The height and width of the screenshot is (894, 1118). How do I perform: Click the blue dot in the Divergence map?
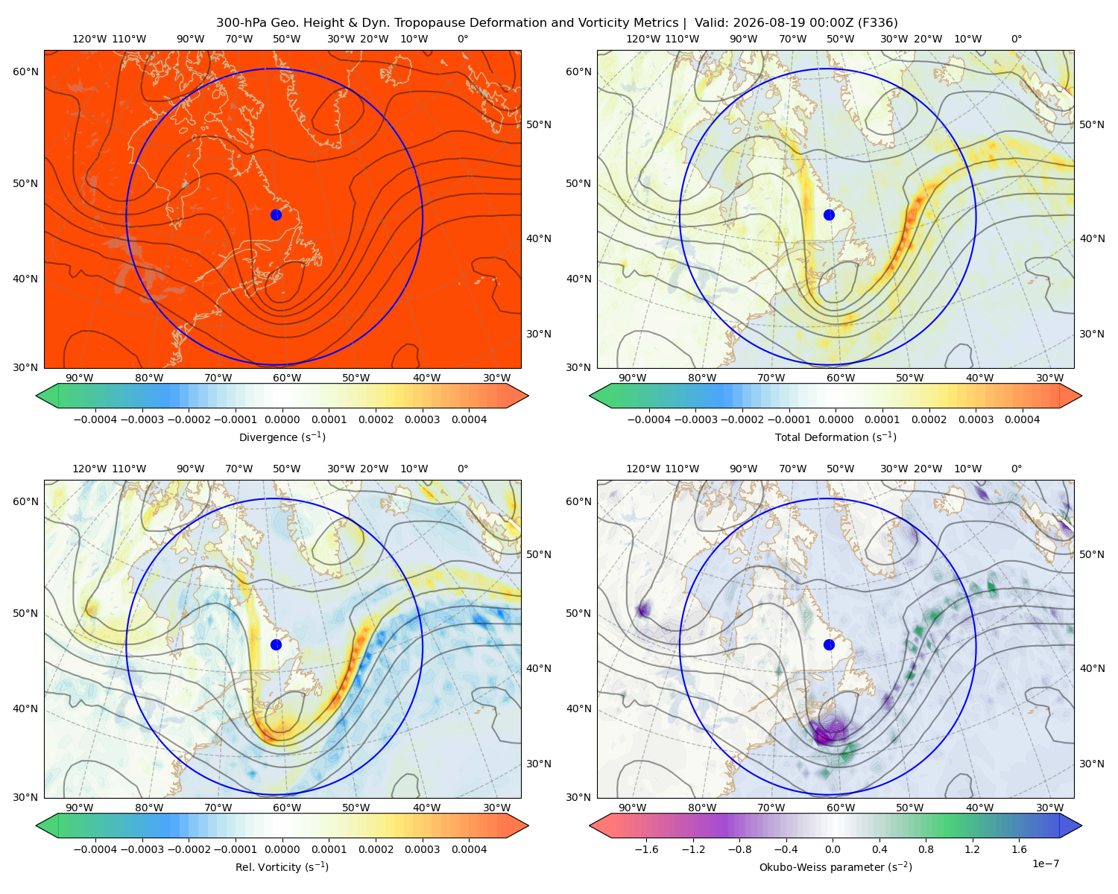[276, 215]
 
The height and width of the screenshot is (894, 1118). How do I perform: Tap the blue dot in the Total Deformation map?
[829, 215]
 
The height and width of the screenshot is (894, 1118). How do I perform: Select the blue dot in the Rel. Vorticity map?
[276, 644]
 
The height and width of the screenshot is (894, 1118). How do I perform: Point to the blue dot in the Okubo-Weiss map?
[829, 644]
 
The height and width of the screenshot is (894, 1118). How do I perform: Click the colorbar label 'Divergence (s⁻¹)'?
[282, 437]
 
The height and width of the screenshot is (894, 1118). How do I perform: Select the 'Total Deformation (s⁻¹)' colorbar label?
[836, 437]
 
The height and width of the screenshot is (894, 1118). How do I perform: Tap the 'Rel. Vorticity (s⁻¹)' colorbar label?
[282, 866]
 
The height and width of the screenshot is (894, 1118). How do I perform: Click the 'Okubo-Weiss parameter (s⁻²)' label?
[836, 866]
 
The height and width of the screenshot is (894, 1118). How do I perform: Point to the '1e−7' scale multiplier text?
[1045, 863]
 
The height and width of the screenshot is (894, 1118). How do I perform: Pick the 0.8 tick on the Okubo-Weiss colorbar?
[926, 849]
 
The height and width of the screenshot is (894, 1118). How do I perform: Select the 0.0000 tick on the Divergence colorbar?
[282, 419]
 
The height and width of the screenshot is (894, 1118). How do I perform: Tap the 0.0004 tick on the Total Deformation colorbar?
[1022, 419]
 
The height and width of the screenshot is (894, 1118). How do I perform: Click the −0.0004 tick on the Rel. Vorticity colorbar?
[95, 849]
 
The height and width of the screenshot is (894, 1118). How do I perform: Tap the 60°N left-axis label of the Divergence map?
[25, 72]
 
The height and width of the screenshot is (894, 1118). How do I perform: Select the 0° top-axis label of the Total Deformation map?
[1016, 39]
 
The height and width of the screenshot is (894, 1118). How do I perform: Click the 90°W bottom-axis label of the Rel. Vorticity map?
[80, 808]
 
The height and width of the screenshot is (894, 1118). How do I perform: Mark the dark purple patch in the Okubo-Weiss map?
[827, 733]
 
